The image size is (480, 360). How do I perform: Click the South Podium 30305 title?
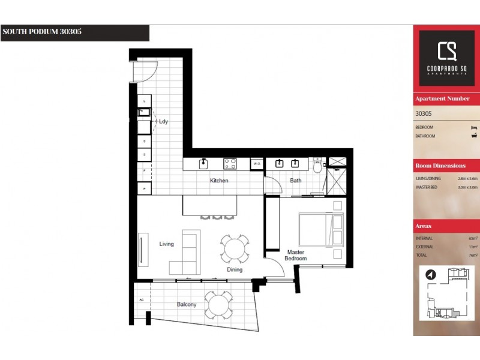42,32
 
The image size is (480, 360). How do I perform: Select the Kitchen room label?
218,181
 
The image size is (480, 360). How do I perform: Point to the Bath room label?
296,181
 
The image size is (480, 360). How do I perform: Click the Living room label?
166,244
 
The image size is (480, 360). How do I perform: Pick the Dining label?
235,269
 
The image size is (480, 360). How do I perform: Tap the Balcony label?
186,304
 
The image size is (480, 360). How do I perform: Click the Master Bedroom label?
296,255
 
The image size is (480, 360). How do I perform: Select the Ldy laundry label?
163,122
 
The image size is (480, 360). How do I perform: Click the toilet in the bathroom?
317,166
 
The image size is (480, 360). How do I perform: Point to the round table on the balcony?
218,305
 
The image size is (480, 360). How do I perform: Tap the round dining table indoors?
235,247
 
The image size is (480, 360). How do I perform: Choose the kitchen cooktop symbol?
230,163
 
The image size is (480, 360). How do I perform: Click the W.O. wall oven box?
256,163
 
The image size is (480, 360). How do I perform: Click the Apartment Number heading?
442,98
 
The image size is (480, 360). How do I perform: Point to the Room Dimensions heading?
440,166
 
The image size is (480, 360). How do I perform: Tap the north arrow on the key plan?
430,275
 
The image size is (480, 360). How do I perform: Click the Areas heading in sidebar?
424,226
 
